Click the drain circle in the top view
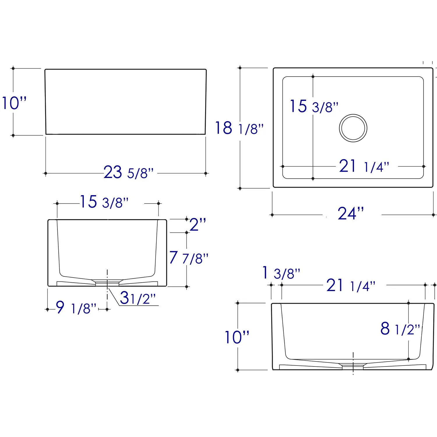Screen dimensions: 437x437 353,114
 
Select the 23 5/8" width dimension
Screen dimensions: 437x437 128,172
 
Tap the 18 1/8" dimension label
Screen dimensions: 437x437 239,128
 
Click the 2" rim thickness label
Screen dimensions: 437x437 198,225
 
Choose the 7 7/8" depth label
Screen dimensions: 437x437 189,258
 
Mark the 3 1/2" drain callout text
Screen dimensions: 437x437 138,298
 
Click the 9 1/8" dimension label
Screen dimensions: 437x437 76,307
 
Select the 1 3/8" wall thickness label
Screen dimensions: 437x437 281,273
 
